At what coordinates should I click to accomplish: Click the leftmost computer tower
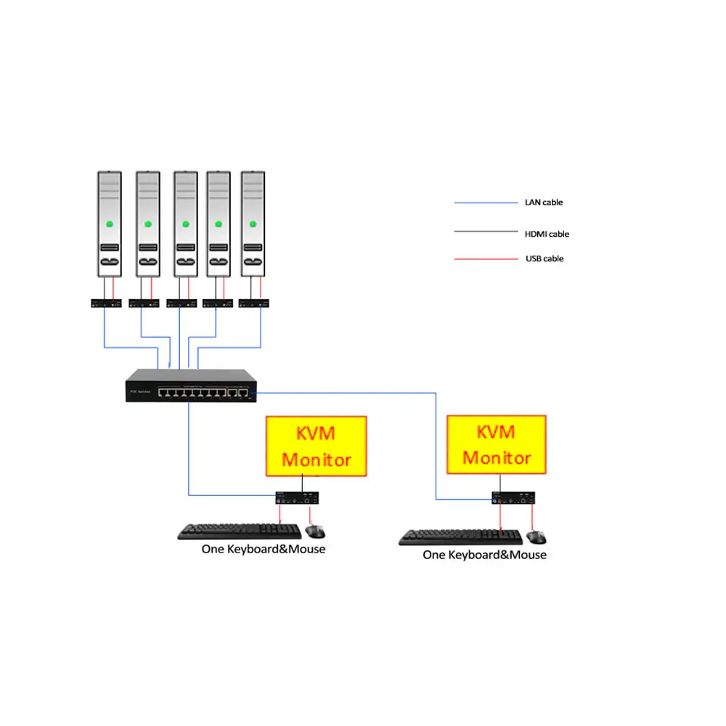point(109,224)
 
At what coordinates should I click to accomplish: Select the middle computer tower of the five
point(185,224)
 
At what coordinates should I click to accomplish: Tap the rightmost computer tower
point(253,224)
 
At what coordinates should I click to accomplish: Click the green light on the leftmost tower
point(110,223)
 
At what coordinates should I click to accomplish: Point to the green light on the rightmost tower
point(253,223)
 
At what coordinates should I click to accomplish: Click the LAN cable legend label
point(544,203)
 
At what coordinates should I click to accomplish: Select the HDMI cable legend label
point(547,234)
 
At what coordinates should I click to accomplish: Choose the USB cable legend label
point(544,258)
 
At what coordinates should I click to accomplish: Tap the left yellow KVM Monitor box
point(316,446)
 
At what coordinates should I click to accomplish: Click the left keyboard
point(240,531)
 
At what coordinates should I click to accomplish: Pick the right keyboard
point(461,537)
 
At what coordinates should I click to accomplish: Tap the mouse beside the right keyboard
point(537,537)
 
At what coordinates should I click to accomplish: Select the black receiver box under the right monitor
point(516,499)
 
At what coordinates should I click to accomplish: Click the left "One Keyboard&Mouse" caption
point(264,550)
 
